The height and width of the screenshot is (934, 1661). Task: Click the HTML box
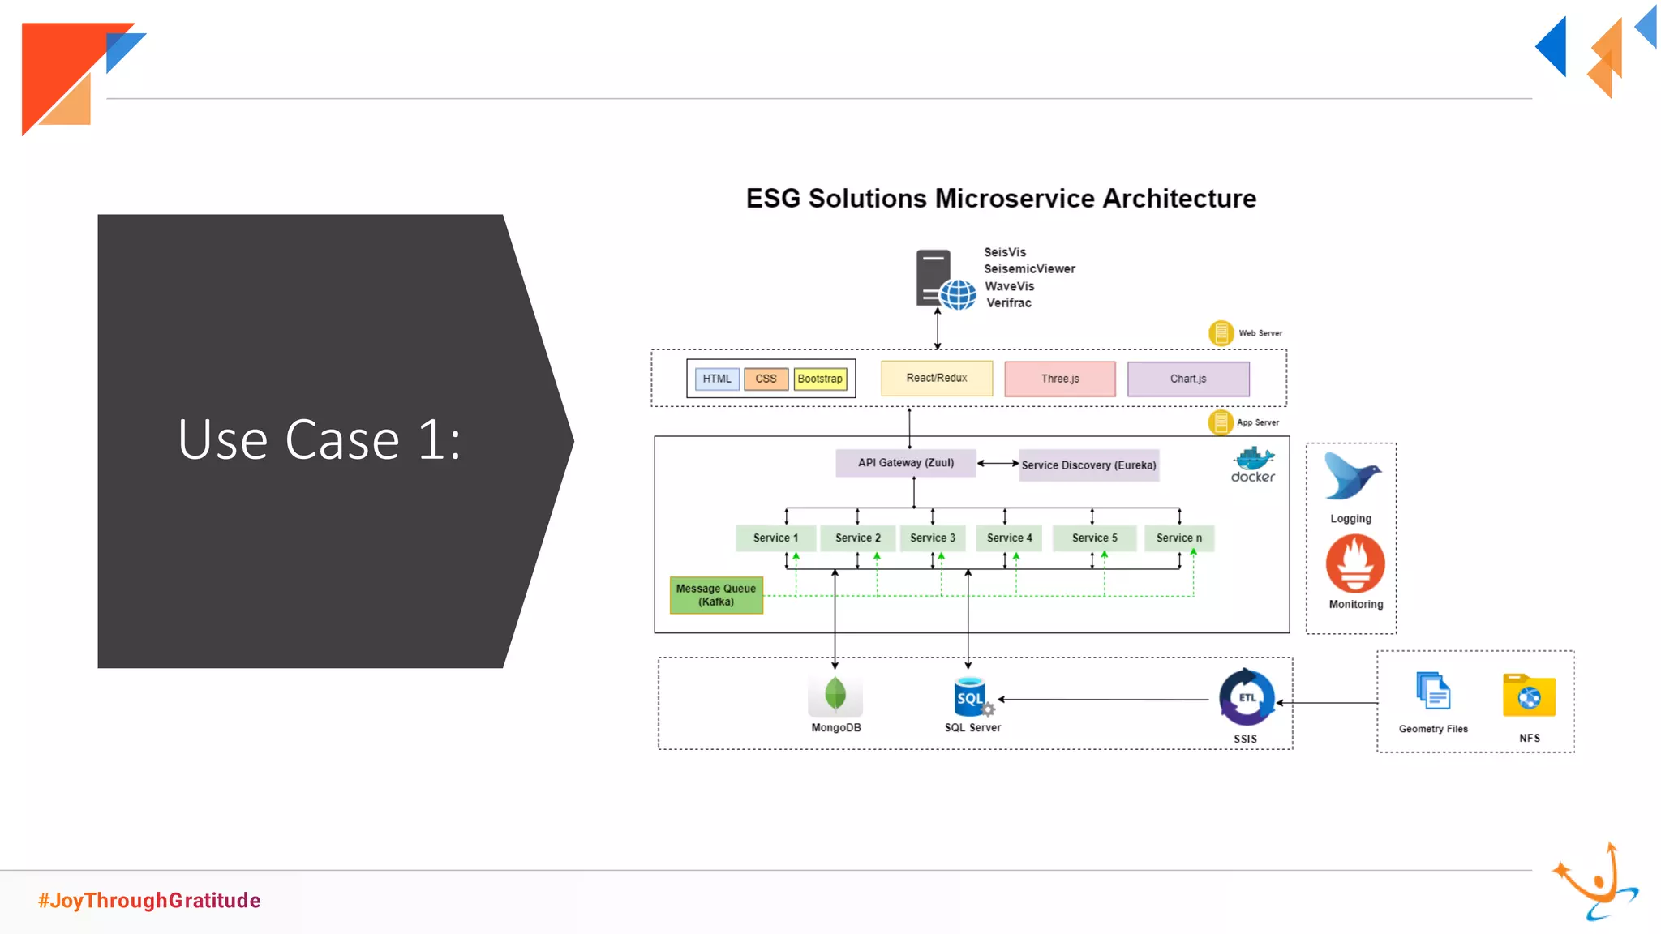(717, 379)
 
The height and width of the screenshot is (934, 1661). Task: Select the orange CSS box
(766, 379)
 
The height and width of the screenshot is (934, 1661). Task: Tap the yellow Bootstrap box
(820, 379)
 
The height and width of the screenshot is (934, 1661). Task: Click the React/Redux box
(937, 379)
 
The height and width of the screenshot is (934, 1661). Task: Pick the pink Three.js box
(1060, 379)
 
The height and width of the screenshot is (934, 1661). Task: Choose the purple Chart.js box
(1188, 379)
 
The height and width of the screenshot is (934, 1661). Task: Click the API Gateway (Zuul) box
(906, 463)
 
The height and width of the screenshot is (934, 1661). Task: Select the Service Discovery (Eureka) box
(1088, 465)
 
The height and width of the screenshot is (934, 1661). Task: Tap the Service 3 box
(933, 538)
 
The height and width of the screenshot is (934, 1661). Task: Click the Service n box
(1179, 538)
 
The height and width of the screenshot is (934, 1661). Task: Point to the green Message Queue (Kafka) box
(716, 595)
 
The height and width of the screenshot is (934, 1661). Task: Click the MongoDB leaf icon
(835, 694)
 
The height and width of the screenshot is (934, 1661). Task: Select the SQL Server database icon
(972, 696)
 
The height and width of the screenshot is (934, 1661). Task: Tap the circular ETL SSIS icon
(1247, 697)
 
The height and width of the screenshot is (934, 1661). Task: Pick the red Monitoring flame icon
(1355, 563)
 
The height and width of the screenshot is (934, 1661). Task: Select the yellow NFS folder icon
(1529, 696)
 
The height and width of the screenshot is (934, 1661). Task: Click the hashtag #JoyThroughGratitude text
(149, 901)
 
